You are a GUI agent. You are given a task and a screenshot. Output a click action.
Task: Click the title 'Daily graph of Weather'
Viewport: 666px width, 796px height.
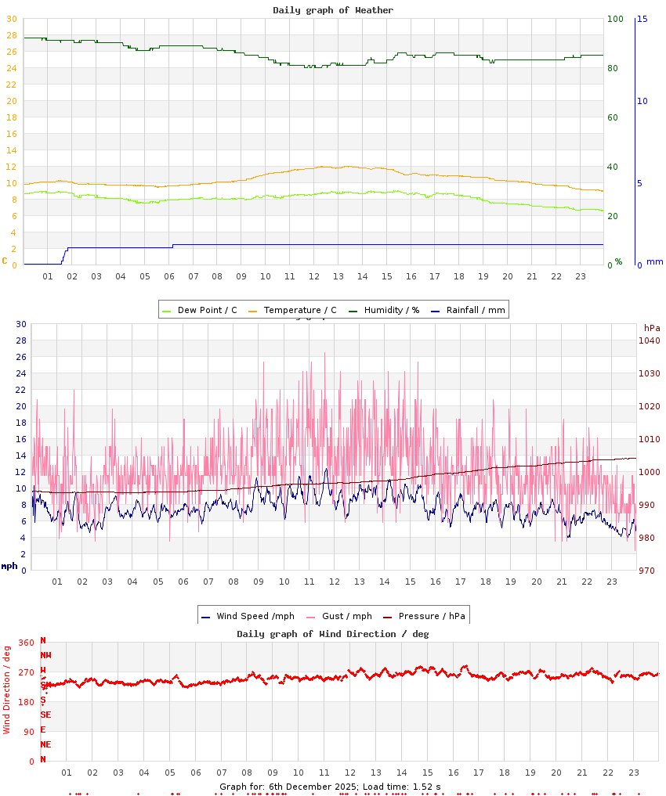333,10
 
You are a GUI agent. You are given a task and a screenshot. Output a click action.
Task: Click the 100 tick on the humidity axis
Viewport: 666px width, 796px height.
616,19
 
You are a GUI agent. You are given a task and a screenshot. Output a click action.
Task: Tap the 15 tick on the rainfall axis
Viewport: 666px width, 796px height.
642,19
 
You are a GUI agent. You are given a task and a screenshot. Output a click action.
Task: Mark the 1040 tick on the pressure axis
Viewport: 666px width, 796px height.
650,340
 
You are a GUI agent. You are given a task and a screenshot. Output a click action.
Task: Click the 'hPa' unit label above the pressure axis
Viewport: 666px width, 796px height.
652,327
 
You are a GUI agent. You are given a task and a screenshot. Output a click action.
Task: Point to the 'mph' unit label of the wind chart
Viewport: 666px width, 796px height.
9,566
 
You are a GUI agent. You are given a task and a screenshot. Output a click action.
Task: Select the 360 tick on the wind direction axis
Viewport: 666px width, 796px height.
26,643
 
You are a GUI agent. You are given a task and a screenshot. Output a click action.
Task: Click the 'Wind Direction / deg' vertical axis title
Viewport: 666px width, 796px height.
7,689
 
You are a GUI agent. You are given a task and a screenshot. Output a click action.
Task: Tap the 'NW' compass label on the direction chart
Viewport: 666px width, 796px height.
45,655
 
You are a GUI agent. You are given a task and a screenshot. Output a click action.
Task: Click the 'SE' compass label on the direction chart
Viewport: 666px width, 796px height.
45,715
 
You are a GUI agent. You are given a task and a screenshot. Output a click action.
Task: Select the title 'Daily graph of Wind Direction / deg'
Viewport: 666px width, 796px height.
333,634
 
